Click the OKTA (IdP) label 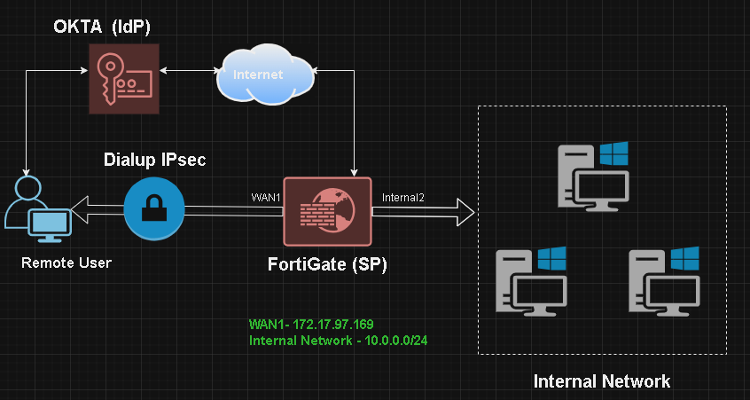[98, 27]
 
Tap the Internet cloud [264, 76]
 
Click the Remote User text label [66, 263]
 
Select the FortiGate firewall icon [326, 210]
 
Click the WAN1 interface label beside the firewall [266, 197]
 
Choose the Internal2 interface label [403, 197]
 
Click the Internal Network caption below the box [601, 382]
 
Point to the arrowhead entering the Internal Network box [465, 211]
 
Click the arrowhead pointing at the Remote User [79, 210]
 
